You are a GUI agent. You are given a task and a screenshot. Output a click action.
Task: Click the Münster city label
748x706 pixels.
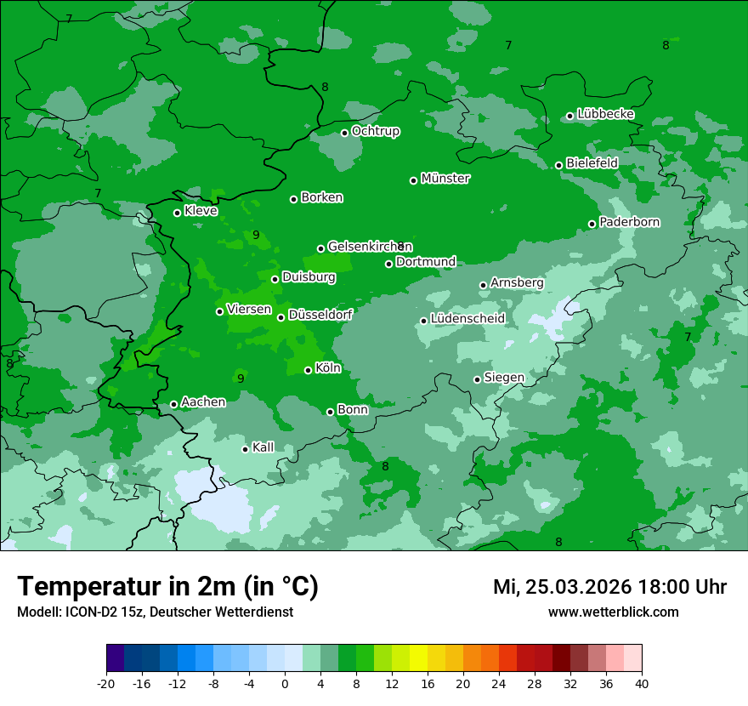445,179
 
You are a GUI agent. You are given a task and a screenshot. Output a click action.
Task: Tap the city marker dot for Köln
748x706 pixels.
309,370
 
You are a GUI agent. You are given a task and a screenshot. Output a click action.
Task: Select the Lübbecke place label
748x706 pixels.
605,114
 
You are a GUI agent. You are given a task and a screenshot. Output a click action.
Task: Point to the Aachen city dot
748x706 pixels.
174,404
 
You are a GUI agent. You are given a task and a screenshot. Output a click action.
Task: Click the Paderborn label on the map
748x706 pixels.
629,222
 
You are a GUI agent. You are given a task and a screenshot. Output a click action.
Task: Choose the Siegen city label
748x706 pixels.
504,378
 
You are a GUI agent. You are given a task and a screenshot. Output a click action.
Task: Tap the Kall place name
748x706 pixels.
263,447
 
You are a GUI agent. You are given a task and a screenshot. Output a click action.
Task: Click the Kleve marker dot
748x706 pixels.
178,213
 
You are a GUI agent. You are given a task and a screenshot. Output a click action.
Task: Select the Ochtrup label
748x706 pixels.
375,131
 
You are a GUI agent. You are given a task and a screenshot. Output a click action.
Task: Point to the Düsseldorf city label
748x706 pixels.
320,315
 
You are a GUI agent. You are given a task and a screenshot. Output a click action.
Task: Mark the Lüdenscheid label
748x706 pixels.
467,319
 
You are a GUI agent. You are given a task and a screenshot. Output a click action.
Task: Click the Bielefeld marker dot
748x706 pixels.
559,165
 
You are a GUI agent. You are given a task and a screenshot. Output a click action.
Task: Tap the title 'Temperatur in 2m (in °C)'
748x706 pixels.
167,587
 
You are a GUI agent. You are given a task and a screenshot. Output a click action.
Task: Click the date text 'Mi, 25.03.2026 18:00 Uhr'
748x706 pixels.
609,587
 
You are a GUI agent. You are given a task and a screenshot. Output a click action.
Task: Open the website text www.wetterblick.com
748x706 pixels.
613,612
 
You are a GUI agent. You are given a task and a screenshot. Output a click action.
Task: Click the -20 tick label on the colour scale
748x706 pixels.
106,683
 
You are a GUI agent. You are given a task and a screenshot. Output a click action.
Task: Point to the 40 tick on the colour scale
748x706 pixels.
642,683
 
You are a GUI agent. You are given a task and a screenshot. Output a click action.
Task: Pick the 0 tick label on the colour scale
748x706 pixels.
285,683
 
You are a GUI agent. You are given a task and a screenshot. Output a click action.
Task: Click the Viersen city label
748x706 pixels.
249,310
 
